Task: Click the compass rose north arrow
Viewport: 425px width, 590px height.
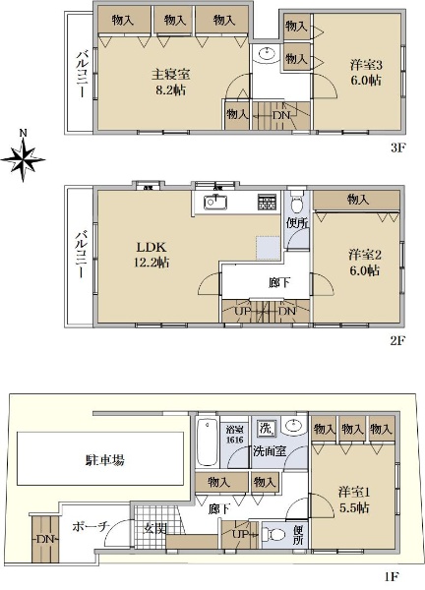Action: click(x=23, y=159)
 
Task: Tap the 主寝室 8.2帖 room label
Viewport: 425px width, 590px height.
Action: click(x=170, y=82)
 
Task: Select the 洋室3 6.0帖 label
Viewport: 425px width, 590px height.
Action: click(x=366, y=72)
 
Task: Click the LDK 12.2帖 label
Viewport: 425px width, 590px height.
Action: click(x=152, y=255)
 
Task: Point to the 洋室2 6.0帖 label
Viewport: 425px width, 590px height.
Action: click(x=365, y=263)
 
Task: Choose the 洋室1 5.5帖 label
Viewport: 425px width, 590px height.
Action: click(x=354, y=501)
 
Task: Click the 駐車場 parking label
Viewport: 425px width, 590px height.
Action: click(x=105, y=460)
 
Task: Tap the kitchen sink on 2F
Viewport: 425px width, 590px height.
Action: click(x=215, y=203)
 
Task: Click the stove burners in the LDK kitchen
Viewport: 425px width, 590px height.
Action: click(x=267, y=203)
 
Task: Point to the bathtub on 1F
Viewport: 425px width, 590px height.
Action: click(x=208, y=442)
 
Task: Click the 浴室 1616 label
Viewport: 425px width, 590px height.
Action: click(x=235, y=435)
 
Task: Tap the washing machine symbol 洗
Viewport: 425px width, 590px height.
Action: click(x=267, y=428)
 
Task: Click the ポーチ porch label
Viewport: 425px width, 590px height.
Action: click(x=91, y=526)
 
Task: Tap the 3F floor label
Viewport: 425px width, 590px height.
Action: click(x=396, y=147)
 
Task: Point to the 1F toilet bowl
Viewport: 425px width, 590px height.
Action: click(x=273, y=534)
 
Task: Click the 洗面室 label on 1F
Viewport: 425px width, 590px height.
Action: click(x=270, y=450)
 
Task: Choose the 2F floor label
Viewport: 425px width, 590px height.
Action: click(x=396, y=340)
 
